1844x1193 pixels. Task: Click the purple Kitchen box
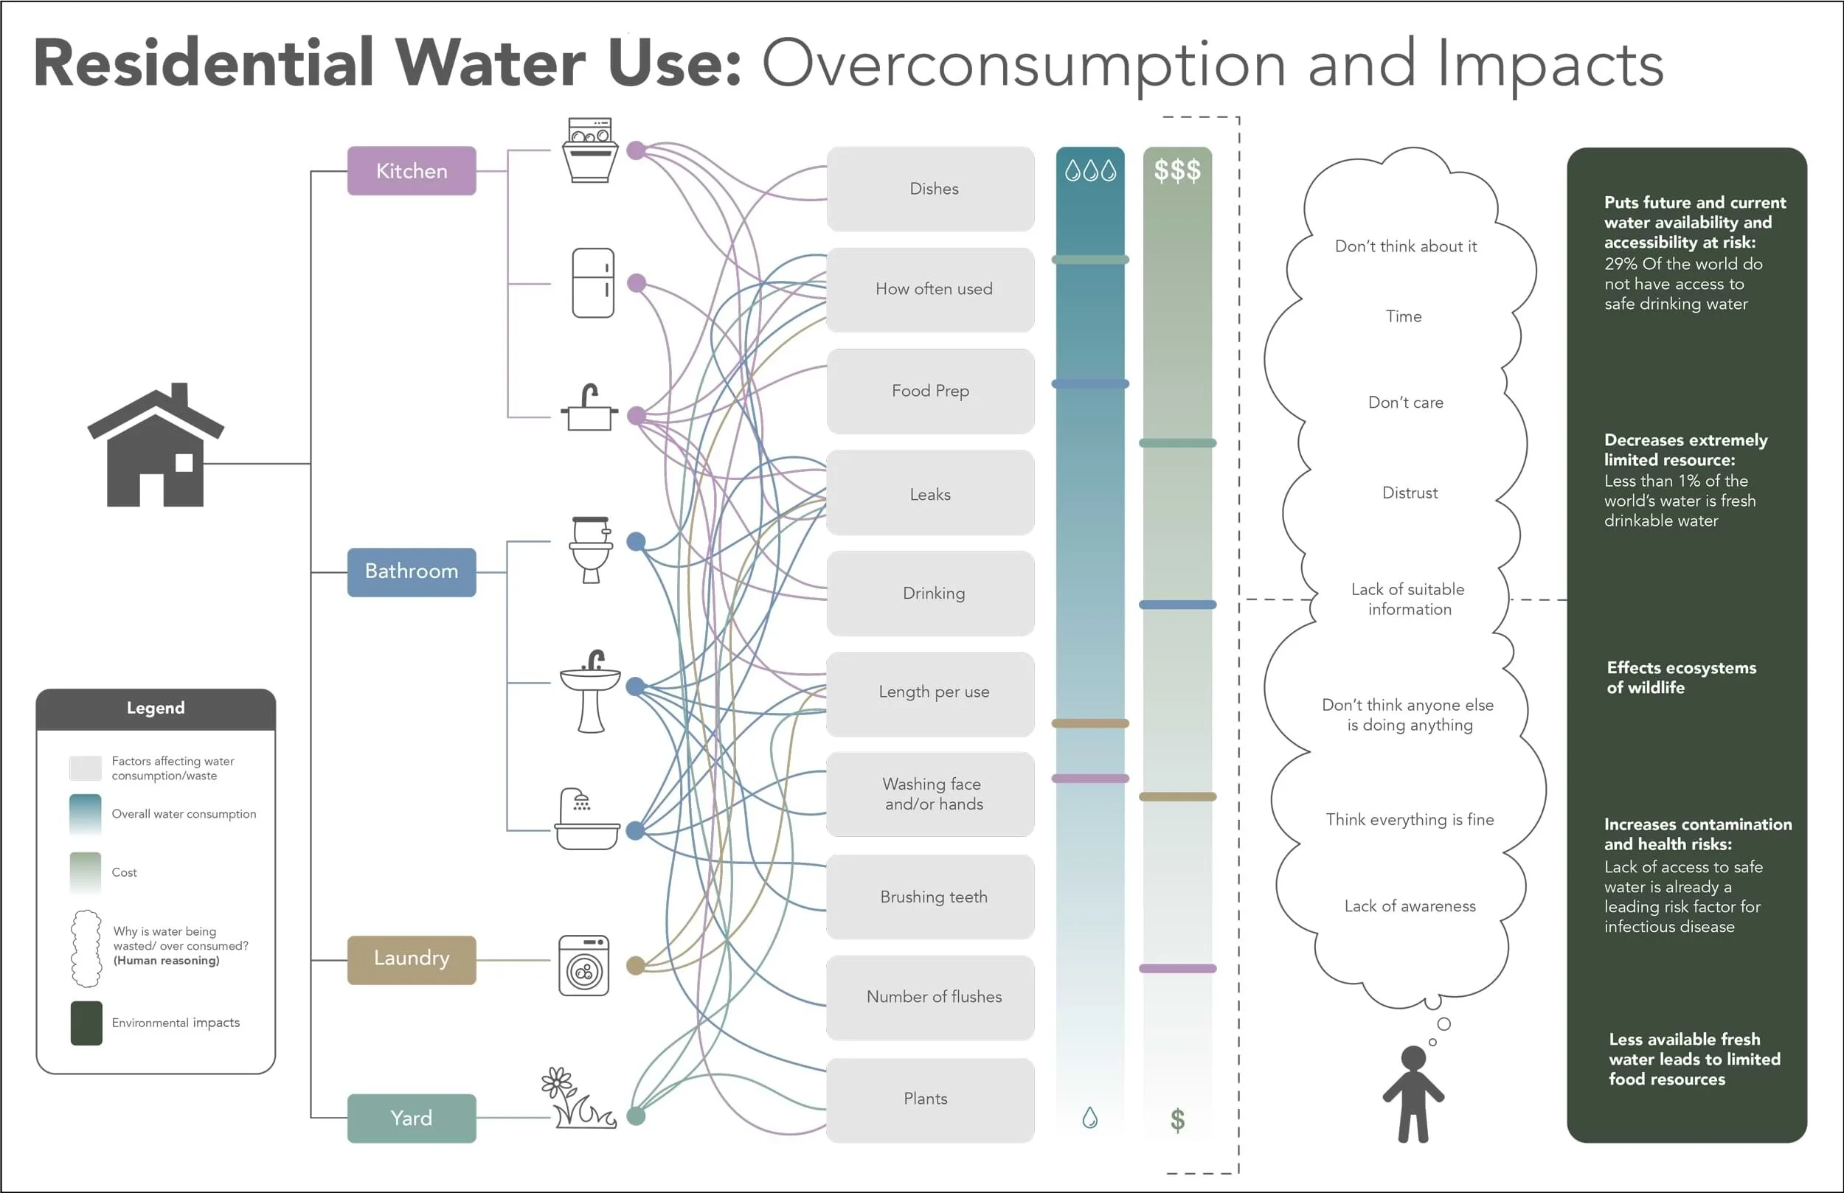click(x=412, y=171)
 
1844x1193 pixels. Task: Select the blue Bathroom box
click(x=412, y=571)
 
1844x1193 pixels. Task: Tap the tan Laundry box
click(x=412, y=959)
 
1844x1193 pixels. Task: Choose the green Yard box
click(x=412, y=1118)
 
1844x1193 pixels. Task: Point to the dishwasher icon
click(x=590, y=150)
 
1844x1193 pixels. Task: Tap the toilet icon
click(x=591, y=549)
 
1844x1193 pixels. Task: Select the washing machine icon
click(x=584, y=966)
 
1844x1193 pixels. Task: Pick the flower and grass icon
click(x=578, y=1099)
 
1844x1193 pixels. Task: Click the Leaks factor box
click(x=930, y=493)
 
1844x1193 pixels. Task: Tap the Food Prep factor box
click(x=930, y=392)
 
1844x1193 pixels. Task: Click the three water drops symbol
click(x=1090, y=170)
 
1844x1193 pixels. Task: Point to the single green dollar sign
click(x=1177, y=1119)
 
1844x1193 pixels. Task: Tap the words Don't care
click(x=1405, y=403)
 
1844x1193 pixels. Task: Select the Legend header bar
click(x=156, y=708)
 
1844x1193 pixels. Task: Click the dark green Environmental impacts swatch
click(x=86, y=1023)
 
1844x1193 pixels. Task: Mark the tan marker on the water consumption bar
click(x=1090, y=723)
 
